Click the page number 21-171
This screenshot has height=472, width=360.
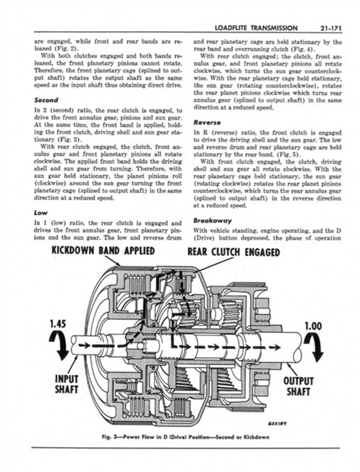[330, 28]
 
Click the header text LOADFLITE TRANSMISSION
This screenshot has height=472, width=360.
[257, 28]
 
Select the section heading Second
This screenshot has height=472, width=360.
[46, 100]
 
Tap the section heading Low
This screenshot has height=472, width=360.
[40, 213]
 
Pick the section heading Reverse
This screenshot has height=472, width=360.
[207, 123]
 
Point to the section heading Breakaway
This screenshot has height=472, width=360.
[213, 220]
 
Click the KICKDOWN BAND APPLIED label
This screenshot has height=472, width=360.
[103, 250]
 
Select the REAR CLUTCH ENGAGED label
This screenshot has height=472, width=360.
[234, 252]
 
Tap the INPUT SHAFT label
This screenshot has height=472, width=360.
[67, 384]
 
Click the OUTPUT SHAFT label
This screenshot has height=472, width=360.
[298, 386]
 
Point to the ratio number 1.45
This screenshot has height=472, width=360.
[58, 324]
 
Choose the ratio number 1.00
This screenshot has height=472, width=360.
[313, 326]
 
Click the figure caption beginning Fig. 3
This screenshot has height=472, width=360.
[185, 437]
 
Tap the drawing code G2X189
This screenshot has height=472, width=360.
[276, 423]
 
